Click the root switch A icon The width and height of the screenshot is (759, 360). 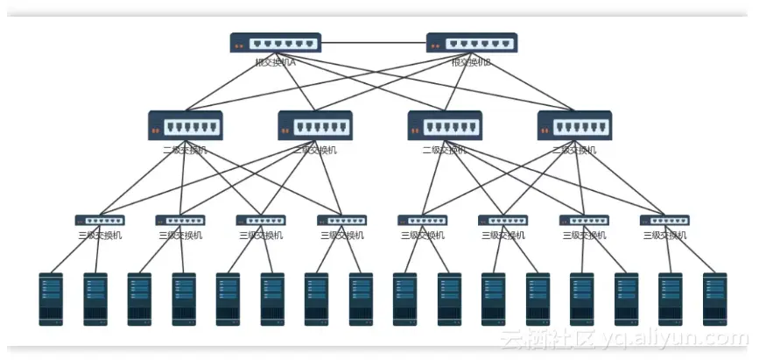276,42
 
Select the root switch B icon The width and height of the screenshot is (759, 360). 472,42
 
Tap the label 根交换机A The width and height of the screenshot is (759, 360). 276,62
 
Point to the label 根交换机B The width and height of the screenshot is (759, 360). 472,62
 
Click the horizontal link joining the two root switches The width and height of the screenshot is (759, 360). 374,42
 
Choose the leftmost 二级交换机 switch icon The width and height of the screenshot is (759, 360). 186,125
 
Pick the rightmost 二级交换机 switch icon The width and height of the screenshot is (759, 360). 574,125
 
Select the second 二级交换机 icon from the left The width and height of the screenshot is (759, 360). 315,125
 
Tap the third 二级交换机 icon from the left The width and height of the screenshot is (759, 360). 445,125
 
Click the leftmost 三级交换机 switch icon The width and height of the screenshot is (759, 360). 100,221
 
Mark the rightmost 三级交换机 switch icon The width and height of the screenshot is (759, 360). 664,221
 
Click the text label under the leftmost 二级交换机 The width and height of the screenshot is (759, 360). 186,150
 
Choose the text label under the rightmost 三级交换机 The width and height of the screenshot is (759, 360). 664,235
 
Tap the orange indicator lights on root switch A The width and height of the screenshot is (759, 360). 238,43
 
